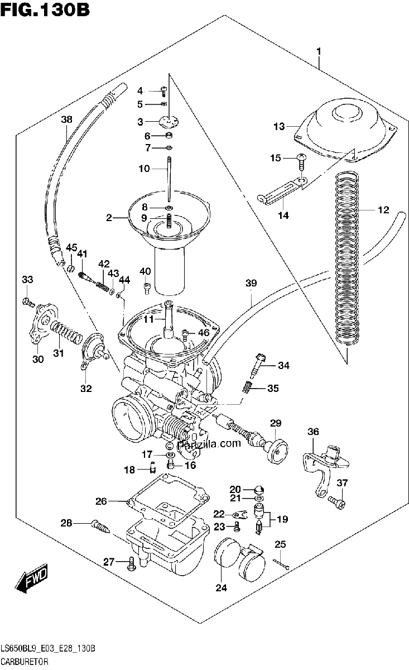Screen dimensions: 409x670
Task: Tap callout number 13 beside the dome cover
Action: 279,126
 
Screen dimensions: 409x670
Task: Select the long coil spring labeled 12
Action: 347,259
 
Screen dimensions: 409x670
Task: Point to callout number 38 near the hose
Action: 66,119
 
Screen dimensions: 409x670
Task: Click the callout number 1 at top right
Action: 319,51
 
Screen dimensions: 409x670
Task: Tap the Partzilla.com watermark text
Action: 205,443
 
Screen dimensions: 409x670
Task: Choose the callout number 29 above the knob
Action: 276,423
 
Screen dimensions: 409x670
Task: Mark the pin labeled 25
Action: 282,563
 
